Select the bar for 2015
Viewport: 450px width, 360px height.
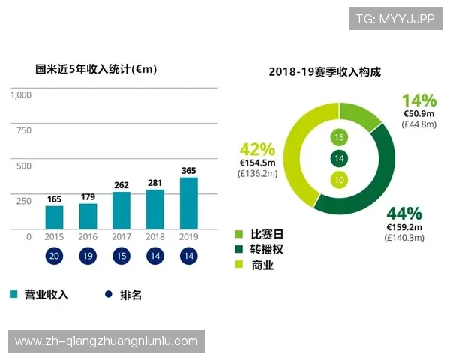[54, 217]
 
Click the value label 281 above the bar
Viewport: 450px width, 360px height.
[155, 183]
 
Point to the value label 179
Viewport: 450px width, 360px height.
[88, 197]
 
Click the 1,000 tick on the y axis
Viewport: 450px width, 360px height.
[21, 95]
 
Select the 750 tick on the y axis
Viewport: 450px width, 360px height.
[24, 130]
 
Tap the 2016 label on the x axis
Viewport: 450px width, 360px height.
[88, 236]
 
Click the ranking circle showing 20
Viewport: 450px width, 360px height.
[54, 256]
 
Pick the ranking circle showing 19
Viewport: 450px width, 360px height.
[88, 256]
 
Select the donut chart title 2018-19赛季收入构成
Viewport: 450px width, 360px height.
[325, 73]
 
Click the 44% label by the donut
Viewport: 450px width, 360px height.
[403, 213]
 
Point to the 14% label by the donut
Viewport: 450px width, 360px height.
[418, 100]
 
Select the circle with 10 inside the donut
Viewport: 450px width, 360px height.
[340, 179]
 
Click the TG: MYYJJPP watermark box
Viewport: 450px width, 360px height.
[395, 19]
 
